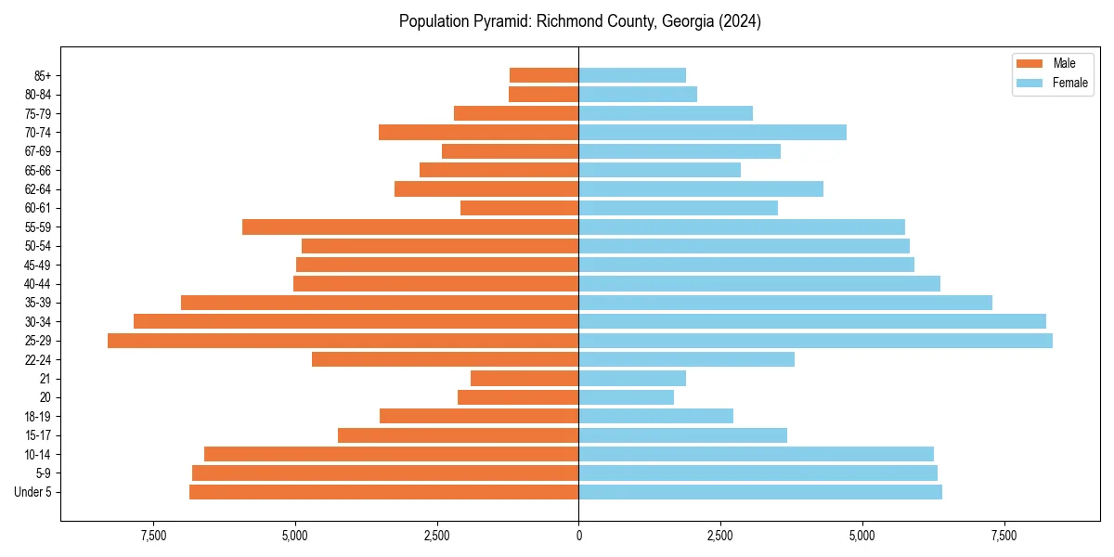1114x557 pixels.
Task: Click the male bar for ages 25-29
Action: coord(343,341)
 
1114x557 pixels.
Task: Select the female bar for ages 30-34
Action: coord(812,321)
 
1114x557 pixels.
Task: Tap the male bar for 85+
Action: coord(544,75)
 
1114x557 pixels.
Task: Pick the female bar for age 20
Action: coord(627,397)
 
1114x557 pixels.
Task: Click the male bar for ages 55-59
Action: coord(410,227)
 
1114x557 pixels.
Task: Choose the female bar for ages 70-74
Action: coord(713,132)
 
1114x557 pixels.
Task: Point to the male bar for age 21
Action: coord(525,379)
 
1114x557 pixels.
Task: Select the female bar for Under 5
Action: coord(760,492)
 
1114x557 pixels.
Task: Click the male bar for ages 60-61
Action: coord(520,208)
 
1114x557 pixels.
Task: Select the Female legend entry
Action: coord(1052,83)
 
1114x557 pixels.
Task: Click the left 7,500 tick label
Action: coord(153,537)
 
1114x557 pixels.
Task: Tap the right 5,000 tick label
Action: coord(862,537)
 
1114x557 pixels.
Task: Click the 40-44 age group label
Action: coord(38,284)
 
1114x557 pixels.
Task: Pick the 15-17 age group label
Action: coord(38,435)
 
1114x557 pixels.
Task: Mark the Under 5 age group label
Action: coord(33,492)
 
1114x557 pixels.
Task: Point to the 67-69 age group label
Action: coord(38,151)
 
